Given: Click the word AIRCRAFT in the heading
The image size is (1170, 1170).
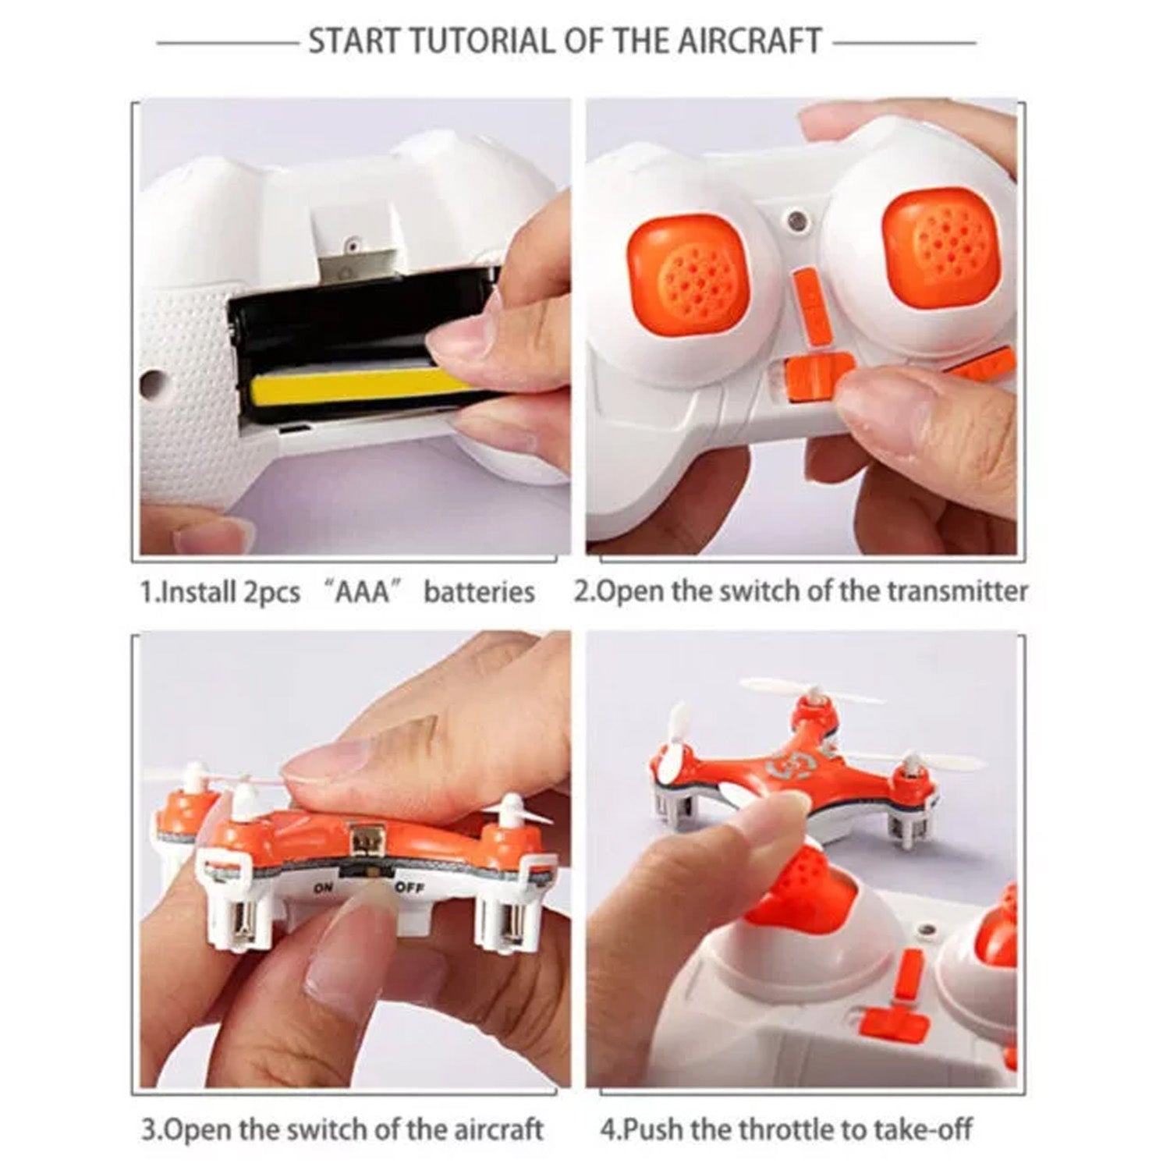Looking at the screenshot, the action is coord(748,41).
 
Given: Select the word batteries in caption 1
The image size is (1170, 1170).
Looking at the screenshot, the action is coord(479,591).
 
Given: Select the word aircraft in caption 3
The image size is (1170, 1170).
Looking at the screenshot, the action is coord(494,1129).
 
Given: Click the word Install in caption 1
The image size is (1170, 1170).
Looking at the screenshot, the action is coord(194,591).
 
